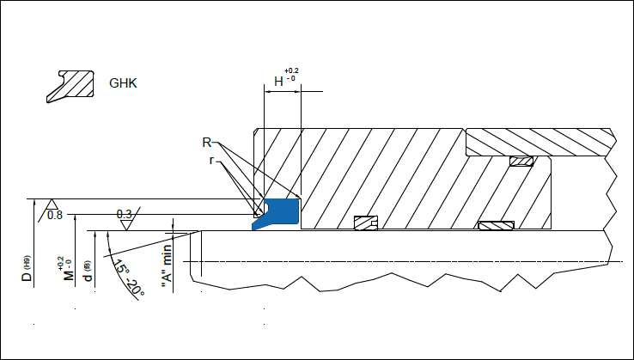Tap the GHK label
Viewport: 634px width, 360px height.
click(x=124, y=84)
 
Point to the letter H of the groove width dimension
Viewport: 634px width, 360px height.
click(x=278, y=82)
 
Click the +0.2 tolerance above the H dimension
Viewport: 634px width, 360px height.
click(x=292, y=71)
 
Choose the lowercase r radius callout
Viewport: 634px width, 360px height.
click(x=211, y=159)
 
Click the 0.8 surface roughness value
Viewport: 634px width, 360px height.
click(x=55, y=214)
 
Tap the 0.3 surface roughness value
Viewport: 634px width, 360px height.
click(x=124, y=214)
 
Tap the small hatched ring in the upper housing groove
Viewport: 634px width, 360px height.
click(x=521, y=162)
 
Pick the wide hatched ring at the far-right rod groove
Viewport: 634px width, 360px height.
click(x=496, y=226)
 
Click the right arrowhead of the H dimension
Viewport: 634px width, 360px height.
click(x=302, y=92)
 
